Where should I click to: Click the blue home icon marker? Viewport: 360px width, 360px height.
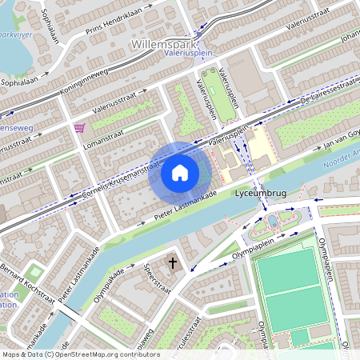point(180,172)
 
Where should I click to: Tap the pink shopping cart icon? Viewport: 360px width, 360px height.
point(79,127)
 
